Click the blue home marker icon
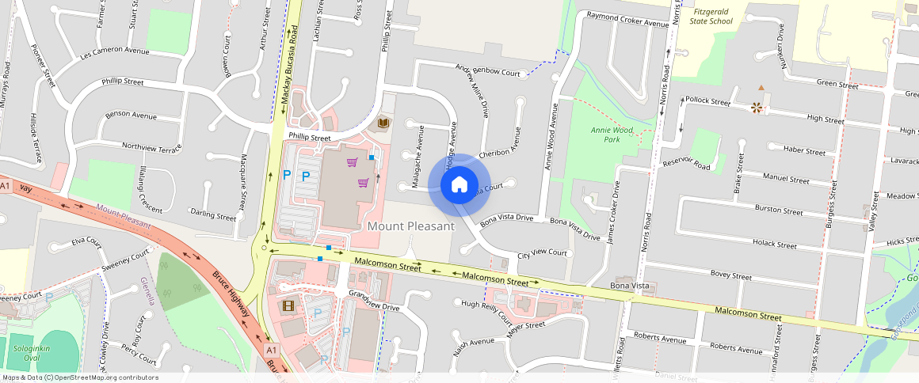tap(459, 185)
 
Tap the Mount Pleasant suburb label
tap(411, 226)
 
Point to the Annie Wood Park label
tap(612, 134)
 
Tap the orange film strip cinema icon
tap(288, 305)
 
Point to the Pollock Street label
tap(707, 101)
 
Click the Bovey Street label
tap(730, 276)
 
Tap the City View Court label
tap(542, 254)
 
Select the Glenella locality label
tap(147, 290)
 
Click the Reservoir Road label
tap(686, 162)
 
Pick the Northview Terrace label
tap(151, 147)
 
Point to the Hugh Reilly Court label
tap(486, 312)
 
